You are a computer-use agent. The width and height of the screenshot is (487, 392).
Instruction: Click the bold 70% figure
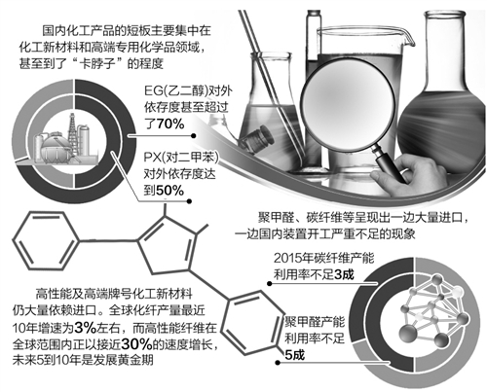click(170, 125)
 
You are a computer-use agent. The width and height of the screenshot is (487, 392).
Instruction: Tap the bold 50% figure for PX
click(169, 191)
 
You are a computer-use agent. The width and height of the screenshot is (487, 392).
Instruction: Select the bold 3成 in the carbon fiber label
click(344, 275)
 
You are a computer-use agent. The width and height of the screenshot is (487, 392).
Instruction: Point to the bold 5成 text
click(295, 355)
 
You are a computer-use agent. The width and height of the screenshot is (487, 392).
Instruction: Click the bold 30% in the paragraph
click(137, 344)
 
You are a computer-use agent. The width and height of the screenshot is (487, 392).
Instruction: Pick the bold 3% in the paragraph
click(85, 328)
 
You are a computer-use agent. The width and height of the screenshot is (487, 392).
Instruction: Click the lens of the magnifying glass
click(349, 105)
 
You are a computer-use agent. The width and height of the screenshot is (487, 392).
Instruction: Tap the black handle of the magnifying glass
click(391, 166)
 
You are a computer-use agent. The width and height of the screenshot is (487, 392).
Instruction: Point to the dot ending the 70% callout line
click(193, 136)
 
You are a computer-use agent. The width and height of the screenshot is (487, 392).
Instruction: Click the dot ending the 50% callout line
click(189, 201)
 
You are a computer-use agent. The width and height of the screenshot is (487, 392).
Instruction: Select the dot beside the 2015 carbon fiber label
click(270, 284)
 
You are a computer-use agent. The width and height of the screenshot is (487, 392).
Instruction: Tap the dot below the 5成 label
click(278, 363)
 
